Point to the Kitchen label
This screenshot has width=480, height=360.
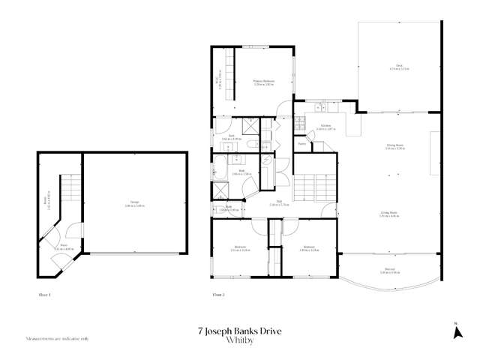tap(325, 127)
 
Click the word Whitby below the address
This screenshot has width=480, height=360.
tap(240, 340)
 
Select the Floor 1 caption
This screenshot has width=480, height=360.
tap(44, 295)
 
